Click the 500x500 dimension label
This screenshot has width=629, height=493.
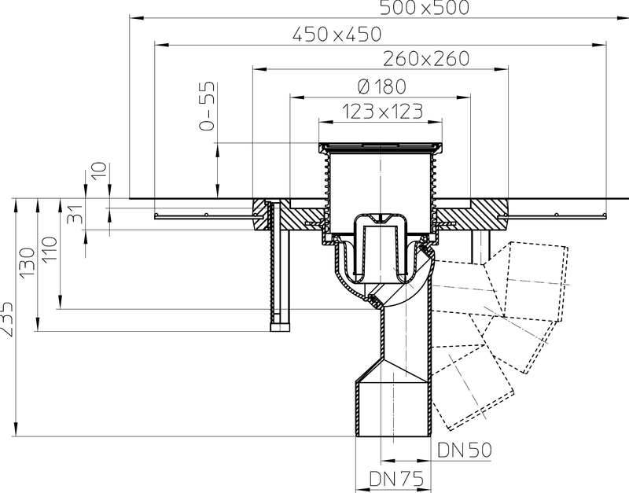pyautogui.click(x=424, y=8)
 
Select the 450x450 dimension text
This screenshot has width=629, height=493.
pyautogui.click(x=337, y=35)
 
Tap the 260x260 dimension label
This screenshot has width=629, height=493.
pyautogui.click(x=426, y=58)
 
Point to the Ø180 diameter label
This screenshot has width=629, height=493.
pyautogui.click(x=381, y=86)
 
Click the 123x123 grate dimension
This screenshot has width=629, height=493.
pyautogui.click(x=382, y=111)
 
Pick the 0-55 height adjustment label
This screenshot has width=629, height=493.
pyautogui.click(x=208, y=106)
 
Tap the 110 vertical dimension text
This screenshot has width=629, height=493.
pyautogui.click(x=50, y=249)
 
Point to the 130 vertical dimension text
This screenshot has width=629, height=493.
pyautogui.click(x=28, y=262)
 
